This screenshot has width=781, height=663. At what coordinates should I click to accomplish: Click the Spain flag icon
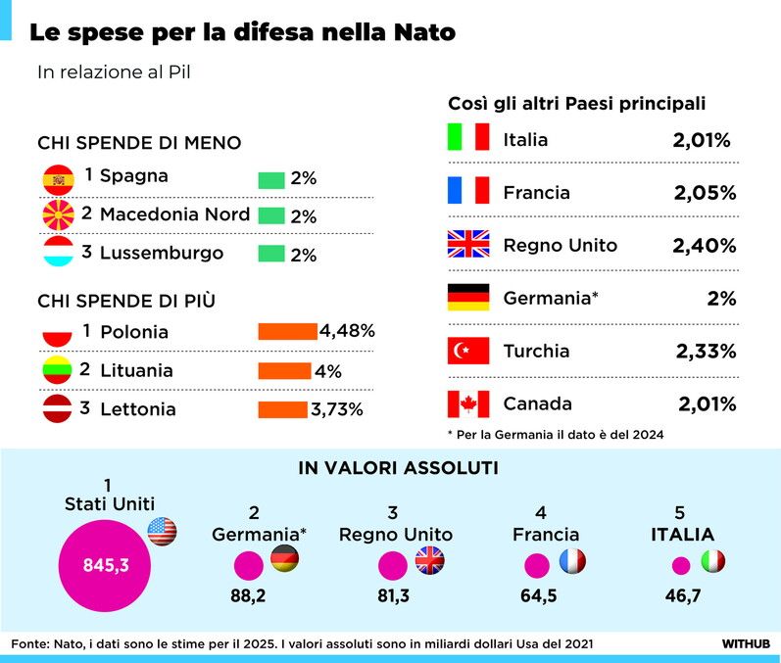(59, 178)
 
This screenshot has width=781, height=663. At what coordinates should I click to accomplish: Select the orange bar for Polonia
(287, 332)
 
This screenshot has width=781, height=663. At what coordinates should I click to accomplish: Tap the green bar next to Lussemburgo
(270, 254)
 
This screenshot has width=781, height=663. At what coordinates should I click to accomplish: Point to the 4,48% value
(347, 331)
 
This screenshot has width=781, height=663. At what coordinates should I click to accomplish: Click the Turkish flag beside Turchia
(467, 351)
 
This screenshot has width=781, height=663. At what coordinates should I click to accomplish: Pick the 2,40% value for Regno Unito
(704, 245)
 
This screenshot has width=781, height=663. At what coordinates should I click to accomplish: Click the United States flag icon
(162, 531)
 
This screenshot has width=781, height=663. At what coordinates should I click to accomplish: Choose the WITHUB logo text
(746, 643)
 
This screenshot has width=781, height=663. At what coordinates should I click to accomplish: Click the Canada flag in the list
(467, 403)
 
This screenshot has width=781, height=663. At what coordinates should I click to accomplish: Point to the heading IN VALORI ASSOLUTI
(397, 469)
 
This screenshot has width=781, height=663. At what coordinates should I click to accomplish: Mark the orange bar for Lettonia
(282, 409)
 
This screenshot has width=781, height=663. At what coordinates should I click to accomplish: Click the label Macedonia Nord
(174, 214)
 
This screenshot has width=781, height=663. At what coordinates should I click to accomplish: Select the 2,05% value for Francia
(704, 193)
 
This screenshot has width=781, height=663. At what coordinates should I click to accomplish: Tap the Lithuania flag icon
(59, 371)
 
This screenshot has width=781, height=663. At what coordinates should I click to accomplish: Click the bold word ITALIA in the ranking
(669, 535)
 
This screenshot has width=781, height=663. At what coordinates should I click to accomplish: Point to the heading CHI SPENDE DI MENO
(139, 143)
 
